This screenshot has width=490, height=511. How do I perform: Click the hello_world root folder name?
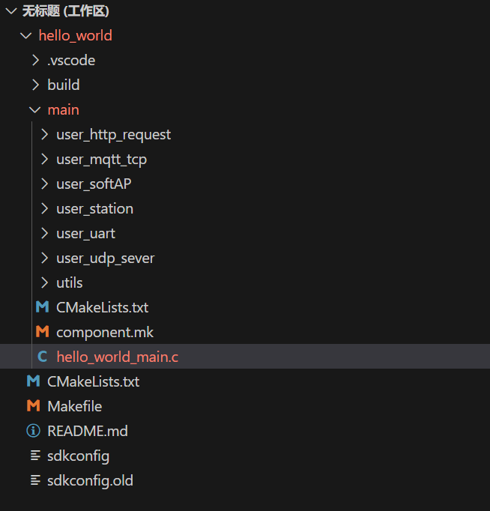75,35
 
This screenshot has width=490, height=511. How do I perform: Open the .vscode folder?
71,60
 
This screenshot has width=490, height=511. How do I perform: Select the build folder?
64,85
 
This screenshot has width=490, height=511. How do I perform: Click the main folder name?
63,110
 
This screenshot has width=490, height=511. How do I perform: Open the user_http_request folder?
113,135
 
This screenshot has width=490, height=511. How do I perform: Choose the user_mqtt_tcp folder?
101,160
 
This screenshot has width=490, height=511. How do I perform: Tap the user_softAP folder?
94,184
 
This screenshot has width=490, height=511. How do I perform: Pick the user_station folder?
95,209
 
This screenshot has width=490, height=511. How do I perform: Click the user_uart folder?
85,234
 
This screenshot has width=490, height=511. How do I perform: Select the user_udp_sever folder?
106,258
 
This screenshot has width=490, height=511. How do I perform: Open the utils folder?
70,283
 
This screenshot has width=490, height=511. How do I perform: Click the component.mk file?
105,333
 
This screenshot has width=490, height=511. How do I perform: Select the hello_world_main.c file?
118,357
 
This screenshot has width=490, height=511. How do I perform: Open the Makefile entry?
75,406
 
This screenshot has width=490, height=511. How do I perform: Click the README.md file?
88,431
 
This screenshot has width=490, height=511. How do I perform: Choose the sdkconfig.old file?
90,481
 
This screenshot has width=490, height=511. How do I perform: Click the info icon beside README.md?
33,431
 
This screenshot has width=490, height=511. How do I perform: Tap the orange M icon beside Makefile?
33,406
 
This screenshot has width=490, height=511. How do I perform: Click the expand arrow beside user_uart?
44,233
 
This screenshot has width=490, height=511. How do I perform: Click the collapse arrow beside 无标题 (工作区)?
11,11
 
